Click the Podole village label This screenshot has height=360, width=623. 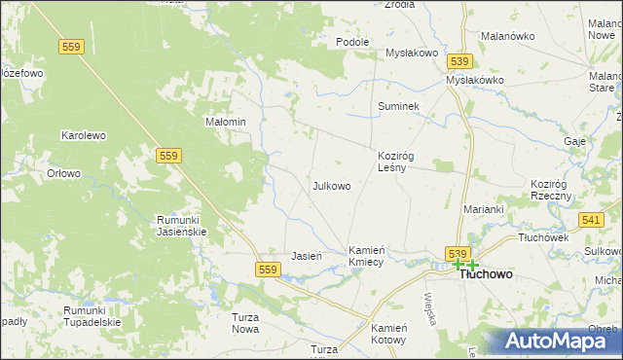[352, 42]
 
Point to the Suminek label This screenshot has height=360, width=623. [398, 106]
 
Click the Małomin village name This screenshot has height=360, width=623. [224, 122]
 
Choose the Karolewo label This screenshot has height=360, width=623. [83, 135]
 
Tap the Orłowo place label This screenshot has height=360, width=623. [64, 174]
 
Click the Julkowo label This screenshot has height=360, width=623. [331, 185]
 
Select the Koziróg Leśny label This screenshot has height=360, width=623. [398, 161]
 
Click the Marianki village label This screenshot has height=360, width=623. [483, 209]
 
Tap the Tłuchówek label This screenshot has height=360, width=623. [543, 237]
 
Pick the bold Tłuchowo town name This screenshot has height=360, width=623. [486, 274]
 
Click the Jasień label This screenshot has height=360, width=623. [307, 256]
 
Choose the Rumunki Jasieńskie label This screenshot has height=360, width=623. [183, 226]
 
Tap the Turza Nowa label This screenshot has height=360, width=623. [245, 323]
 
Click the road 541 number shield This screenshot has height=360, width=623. [590, 222]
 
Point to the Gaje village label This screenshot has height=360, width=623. [574, 141]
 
